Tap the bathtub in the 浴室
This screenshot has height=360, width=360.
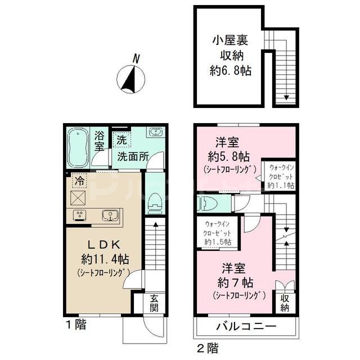click(78, 148)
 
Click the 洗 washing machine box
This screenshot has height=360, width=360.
click(121, 137)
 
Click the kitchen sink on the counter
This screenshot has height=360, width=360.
click(109, 215)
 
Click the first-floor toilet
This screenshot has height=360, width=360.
click(154, 203)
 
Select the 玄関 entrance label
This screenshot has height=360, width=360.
click(154, 304)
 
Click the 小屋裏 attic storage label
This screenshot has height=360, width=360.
click(228, 40)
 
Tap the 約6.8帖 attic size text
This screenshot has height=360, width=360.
click(228, 71)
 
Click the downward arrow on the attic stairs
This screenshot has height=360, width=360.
click(286, 97)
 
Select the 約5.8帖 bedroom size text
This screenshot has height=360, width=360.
click(229, 156)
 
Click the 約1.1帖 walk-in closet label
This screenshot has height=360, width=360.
click(281, 185)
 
